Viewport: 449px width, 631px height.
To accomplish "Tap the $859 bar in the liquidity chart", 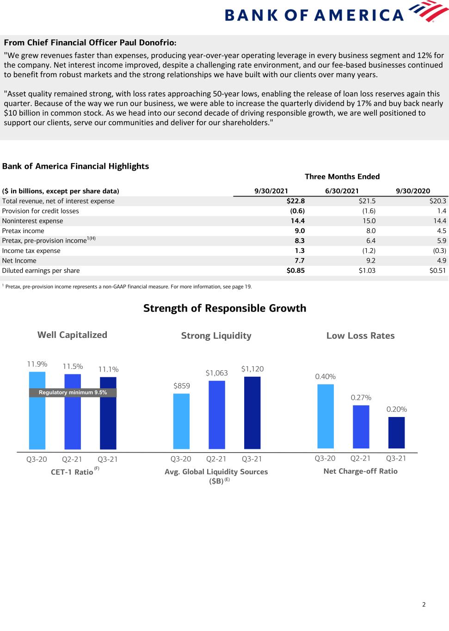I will coord(181,421).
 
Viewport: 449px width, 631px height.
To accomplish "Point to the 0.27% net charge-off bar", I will coord(361,427).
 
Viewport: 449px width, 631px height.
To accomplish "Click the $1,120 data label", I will coord(252,369).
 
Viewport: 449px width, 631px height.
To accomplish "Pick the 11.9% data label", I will coord(37,364).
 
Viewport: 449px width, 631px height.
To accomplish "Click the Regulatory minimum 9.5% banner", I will coord(73,392).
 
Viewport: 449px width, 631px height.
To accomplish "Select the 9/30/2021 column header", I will coord(271,191).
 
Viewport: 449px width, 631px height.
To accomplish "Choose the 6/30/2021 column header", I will coord(342,191).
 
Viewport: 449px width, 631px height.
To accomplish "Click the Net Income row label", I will coord(19,261).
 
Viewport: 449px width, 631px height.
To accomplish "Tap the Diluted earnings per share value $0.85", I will coord(295,270).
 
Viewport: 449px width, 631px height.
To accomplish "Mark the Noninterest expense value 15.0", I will coord(369,221).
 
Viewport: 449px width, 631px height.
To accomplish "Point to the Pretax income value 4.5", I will coord(441,231).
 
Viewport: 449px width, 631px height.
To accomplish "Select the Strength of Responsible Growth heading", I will coord(225,308).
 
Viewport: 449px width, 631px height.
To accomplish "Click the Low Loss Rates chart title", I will coord(360,336).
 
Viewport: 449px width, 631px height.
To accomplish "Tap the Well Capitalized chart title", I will coord(72,335).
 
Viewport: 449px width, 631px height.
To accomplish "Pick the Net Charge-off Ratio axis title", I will coord(360,471).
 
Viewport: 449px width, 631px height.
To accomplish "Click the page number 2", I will coord(424,604).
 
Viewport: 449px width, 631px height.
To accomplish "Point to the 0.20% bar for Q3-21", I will coord(396,433).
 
